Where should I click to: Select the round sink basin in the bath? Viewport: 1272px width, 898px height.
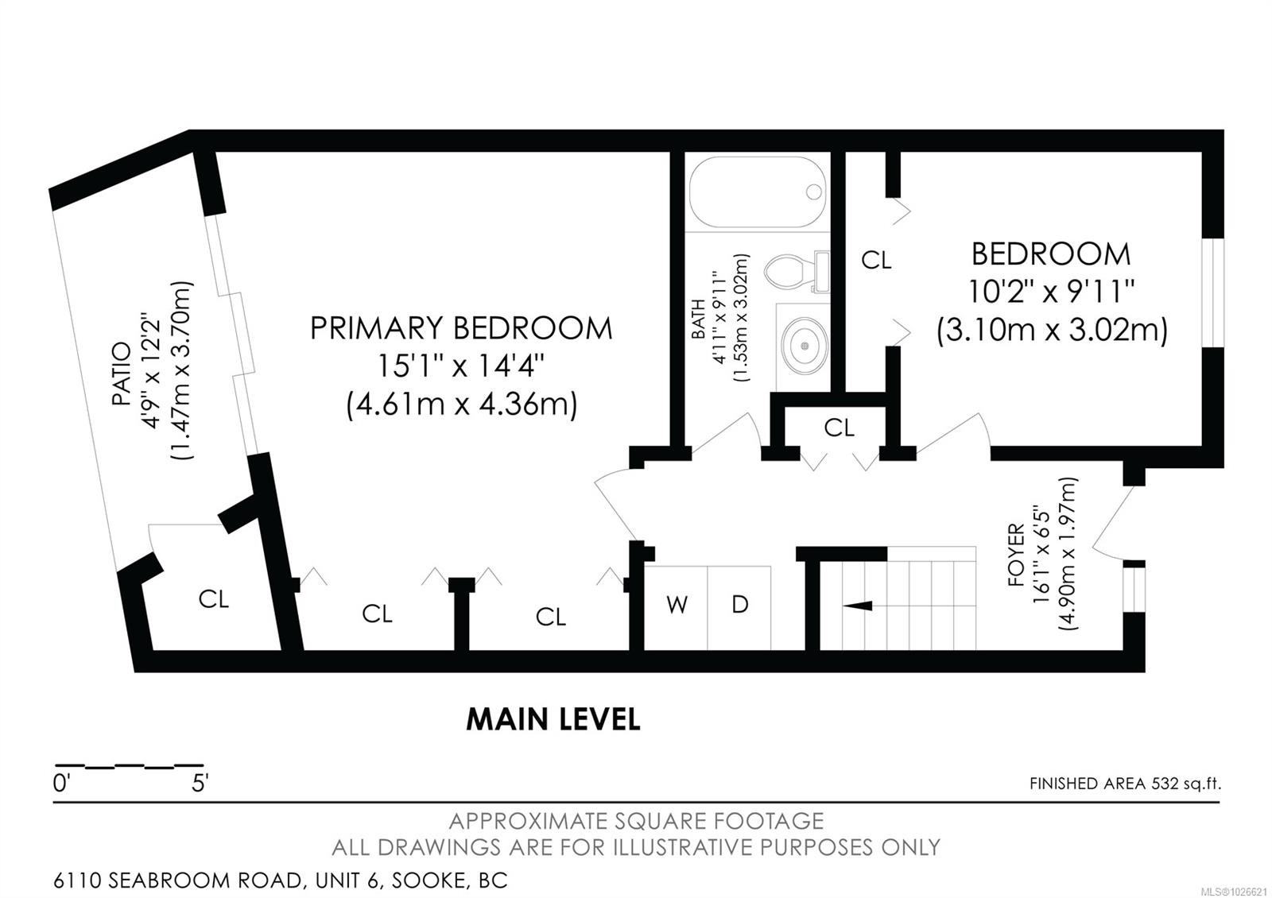click(x=804, y=346)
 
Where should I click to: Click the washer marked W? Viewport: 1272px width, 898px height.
click(x=676, y=606)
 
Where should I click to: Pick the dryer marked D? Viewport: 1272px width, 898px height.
click(x=739, y=606)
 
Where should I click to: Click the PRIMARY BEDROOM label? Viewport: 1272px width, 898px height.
click(x=461, y=328)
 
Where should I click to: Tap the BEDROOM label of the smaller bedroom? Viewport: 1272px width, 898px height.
click(x=1051, y=254)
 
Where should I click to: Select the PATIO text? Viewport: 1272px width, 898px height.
click(x=121, y=374)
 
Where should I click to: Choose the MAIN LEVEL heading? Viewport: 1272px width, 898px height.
click(x=553, y=719)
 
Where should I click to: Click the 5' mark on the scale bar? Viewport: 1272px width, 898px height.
click(x=199, y=784)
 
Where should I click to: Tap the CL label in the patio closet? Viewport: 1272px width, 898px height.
click(x=213, y=599)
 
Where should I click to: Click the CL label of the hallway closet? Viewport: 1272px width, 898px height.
click(x=839, y=428)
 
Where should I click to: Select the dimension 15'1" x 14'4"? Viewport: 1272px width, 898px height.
click(x=461, y=367)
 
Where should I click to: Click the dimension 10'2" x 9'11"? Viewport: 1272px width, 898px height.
click(x=1051, y=292)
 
